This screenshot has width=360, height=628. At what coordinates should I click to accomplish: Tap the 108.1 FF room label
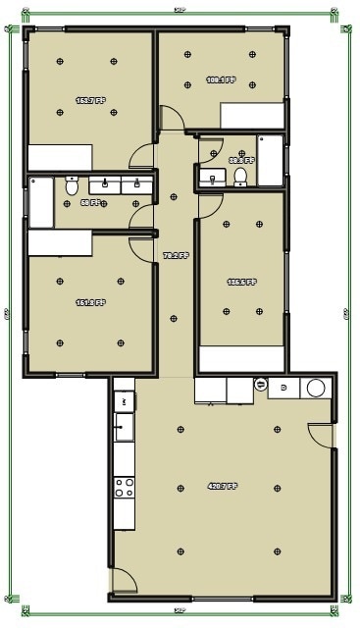[x=220, y=80]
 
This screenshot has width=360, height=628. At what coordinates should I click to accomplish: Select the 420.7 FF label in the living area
[x=222, y=486]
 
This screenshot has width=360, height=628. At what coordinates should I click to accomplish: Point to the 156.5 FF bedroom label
[x=241, y=282]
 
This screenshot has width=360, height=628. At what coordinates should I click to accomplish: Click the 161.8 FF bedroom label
[x=90, y=303]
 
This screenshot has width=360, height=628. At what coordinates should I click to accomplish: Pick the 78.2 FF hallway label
[x=175, y=256]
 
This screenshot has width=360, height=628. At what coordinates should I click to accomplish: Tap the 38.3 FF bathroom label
[x=241, y=160]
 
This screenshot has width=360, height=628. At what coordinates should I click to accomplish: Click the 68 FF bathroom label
[x=89, y=203]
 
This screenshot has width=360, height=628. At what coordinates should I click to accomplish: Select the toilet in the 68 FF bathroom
[x=72, y=185]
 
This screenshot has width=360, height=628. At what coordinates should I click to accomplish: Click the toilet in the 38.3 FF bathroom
[x=239, y=177]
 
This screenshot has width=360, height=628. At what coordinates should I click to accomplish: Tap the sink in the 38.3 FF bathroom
[x=212, y=179]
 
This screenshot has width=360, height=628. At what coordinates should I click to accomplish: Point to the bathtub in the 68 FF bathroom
[x=40, y=202]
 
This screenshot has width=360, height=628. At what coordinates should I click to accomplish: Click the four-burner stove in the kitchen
[x=124, y=488]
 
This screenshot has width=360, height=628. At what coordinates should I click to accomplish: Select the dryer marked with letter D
[x=284, y=388]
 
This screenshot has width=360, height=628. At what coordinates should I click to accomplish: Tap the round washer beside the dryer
[x=316, y=388]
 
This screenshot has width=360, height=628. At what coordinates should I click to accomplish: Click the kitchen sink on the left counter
[x=123, y=426]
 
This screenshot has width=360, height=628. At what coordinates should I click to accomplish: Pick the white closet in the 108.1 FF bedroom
[x=253, y=117]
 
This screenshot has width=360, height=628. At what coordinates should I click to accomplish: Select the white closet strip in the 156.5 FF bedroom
[x=241, y=359]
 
